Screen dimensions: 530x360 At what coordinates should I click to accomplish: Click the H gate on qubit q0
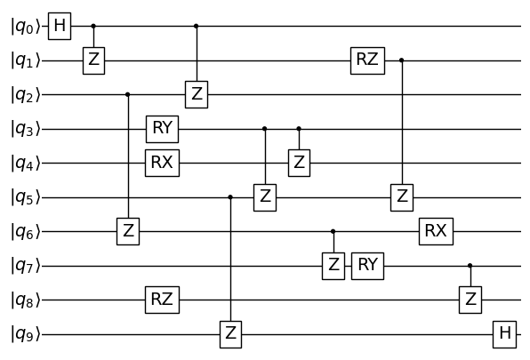click(60, 27)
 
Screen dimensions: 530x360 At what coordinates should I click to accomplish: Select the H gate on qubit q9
click(504, 334)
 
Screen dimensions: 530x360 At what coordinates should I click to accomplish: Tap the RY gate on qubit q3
click(162, 129)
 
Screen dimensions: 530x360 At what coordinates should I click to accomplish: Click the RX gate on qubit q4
click(162, 164)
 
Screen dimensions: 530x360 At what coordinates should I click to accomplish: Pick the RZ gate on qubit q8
click(162, 300)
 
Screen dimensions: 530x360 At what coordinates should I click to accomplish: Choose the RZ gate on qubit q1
click(367, 60)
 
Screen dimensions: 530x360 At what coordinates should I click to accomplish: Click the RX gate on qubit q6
click(436, 232)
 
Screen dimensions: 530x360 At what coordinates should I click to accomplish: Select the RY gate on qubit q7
click(367, 266)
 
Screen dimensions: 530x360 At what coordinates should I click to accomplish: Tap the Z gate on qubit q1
click(94, 60)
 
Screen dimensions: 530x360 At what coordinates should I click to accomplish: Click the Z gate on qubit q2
click(197, 94)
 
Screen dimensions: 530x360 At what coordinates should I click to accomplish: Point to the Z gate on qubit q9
click(231, 334)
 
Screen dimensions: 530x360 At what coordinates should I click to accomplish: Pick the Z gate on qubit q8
click(470, 300)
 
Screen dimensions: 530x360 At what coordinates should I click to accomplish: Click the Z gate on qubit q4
click(299, 164)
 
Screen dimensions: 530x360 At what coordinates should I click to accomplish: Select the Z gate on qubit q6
click(128, 232)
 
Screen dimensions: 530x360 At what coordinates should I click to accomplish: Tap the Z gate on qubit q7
click(333, 266)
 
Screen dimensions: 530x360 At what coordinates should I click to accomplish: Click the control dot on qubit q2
click(128, 94)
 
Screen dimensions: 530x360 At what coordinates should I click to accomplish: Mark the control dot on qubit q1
click(402, 60)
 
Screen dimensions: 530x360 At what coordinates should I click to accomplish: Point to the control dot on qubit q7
click(470, 266)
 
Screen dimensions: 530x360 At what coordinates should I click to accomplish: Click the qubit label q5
click(26, 198)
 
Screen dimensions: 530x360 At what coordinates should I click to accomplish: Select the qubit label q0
click(26, 27)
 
